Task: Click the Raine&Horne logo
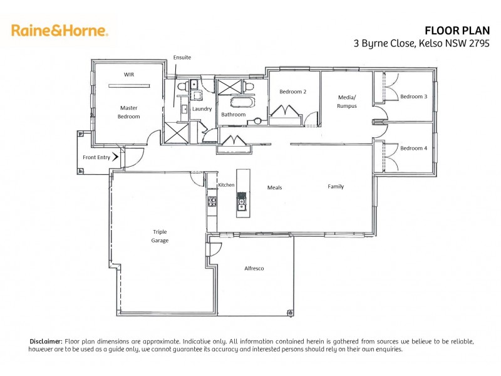click(59, 30)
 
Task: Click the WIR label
click(128, 75)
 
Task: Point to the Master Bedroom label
click(128, 112)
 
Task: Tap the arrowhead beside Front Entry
click(116, 157)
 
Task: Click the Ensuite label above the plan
click(182, 58)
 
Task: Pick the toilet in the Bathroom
click(248, 86)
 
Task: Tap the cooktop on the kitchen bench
click(212, 202)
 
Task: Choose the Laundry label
click(202, 109)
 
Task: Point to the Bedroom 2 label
click(292, 91)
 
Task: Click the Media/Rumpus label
click(347, 102)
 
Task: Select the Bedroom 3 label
click(413, 97)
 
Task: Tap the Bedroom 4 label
click(413, 148)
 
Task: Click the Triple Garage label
click(160, 236)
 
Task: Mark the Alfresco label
click(254, 268)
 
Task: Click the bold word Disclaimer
click(46, 341)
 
